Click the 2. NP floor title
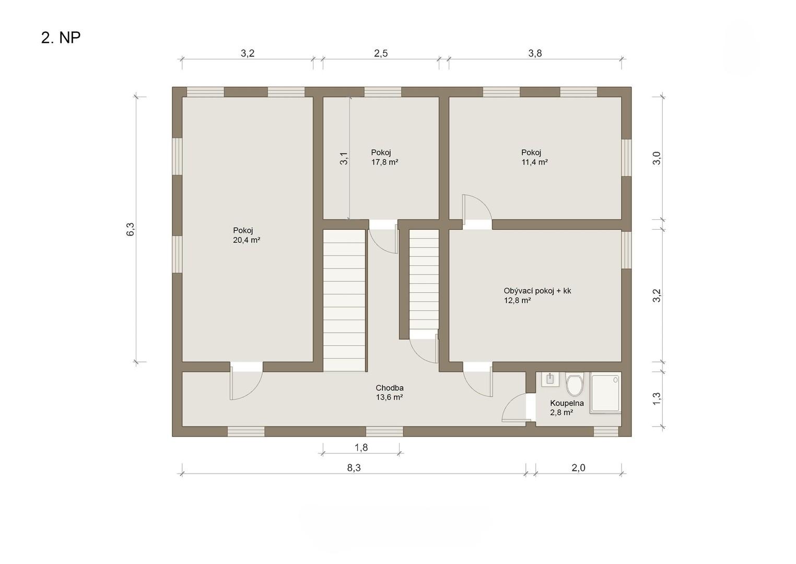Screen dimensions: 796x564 [x=61, y=38]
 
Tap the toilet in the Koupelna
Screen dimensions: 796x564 [x=574, y=384]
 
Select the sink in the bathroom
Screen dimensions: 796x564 [x=550, y=379]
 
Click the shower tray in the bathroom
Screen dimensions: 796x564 [x=606, y=393]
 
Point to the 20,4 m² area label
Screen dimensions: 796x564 [x=247, y=240]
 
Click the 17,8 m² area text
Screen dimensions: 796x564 [x=384, y=162]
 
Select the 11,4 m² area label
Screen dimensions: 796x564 [x=534, y=162]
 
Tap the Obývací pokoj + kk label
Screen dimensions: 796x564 [x=537, y=291]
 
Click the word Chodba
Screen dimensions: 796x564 [x=390, y=387]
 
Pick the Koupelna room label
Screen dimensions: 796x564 [x=567, y=403]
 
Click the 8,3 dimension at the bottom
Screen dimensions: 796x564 [x=354, y=468]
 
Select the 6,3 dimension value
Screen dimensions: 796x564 [x=131, y=229]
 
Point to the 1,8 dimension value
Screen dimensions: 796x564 [x=361, y=448]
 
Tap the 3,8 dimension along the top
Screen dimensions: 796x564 [x=535, y=53]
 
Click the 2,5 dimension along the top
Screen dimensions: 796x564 [x=381, y=53]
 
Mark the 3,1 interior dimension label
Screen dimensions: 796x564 [x=344, y=158]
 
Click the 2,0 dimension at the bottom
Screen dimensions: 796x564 [x=578, y=468]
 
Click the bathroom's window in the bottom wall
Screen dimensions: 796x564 [x=606, y=431]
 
